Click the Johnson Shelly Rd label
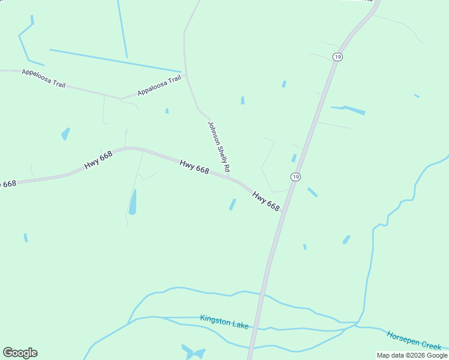pos(219,146)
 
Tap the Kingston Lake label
pos(224,322)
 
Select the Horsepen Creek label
pos(414,340)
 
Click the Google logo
pos(20,353)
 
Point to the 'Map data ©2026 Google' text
pos(412,355)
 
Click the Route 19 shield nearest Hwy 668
pos(295,177)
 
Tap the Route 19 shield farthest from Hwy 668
pos(338,56)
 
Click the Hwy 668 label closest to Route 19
pos(266,201)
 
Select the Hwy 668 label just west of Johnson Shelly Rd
pos(194,166)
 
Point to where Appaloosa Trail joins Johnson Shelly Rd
pos(186,75)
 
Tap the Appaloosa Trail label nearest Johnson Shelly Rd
pos(159,85)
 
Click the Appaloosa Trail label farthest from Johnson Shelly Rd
pos(43,76)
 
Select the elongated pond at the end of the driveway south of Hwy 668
pos(133,202)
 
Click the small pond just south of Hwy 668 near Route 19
pos(232,205)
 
